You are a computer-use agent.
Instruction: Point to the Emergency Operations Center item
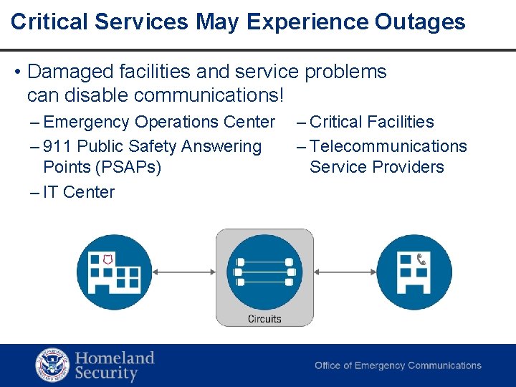click(159, 123)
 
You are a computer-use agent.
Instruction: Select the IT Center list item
click(79, 192)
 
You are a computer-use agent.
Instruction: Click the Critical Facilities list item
click(371, 123)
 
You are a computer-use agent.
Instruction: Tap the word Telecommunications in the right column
click(388, 147)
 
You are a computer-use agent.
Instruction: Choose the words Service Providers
click(377, 168)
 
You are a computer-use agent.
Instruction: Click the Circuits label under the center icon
click(264, 319)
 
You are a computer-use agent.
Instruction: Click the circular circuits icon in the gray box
click(264, 272)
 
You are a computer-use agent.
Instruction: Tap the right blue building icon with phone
click(414, 272)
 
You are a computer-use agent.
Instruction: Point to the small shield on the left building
click(108, 258)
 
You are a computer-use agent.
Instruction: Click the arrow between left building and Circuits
click(183, 272)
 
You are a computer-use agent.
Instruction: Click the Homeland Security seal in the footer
click(52, 365)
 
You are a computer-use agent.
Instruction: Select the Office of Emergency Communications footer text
click(398, 365)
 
